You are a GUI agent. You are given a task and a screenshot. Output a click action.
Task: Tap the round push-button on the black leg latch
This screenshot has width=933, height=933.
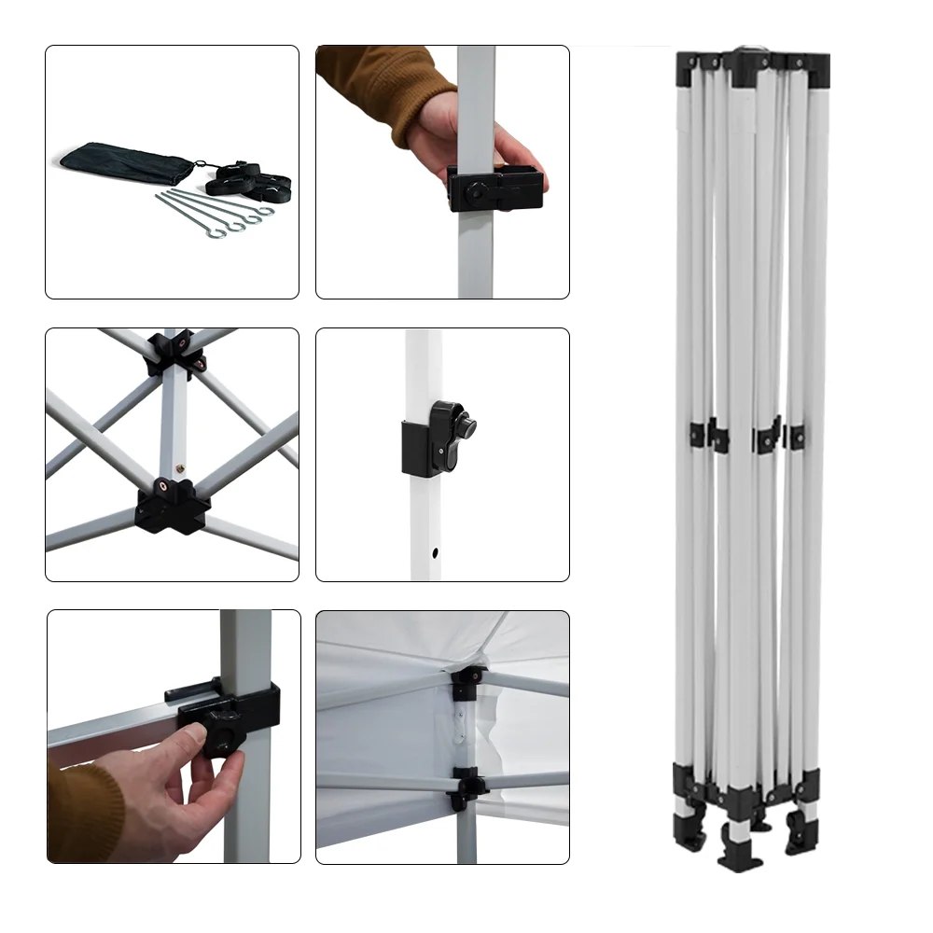[x=464, y=428]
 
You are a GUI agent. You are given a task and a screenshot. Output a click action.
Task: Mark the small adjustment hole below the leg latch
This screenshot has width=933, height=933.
[x=436, y=552]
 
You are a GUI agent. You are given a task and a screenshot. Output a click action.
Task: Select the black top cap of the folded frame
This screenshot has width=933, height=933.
[x=752, y=65]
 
